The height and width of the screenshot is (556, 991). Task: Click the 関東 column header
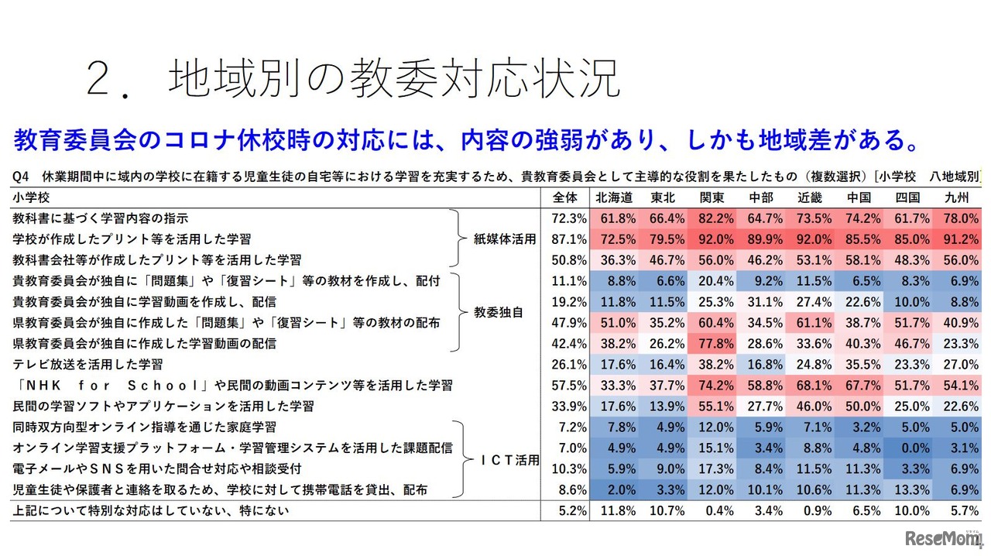(x=712, y=197)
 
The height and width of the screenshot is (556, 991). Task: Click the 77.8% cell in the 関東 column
(x=712, y=343)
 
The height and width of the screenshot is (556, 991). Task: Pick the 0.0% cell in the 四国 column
(x=907, y=448)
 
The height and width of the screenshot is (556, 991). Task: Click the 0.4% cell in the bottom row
(x=712, y=510)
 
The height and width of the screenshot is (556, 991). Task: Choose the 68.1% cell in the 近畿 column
(x=810, y=385)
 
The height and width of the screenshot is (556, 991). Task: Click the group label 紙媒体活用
(x=505, y=239)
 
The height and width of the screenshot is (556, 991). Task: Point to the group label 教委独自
(x=499, y=312)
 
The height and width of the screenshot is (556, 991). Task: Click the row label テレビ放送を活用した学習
(x=86, y=364)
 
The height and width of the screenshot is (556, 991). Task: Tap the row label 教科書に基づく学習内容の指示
(x=100, y=218)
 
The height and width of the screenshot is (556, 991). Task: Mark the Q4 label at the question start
(x=21, y=177)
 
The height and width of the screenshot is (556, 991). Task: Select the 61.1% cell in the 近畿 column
(x=810, y=322)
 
